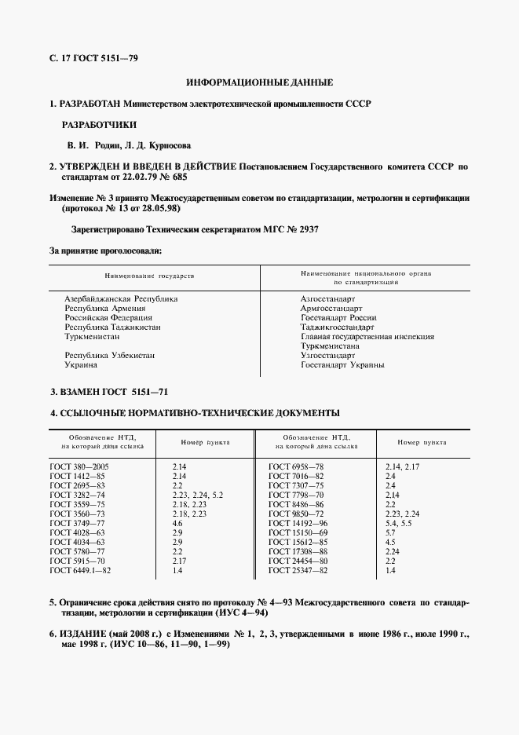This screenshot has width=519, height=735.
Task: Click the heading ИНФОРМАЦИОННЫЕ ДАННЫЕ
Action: (259, 82)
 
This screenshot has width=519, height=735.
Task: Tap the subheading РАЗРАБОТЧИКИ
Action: (99, 124)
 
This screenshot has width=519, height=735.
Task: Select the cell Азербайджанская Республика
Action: (121, 299)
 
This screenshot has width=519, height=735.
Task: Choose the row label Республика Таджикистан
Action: (112, 327)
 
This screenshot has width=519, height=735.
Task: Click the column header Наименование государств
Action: (148, 276)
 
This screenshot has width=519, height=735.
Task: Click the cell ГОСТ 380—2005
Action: (80, 466)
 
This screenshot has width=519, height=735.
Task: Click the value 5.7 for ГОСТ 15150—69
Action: (390, 532)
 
